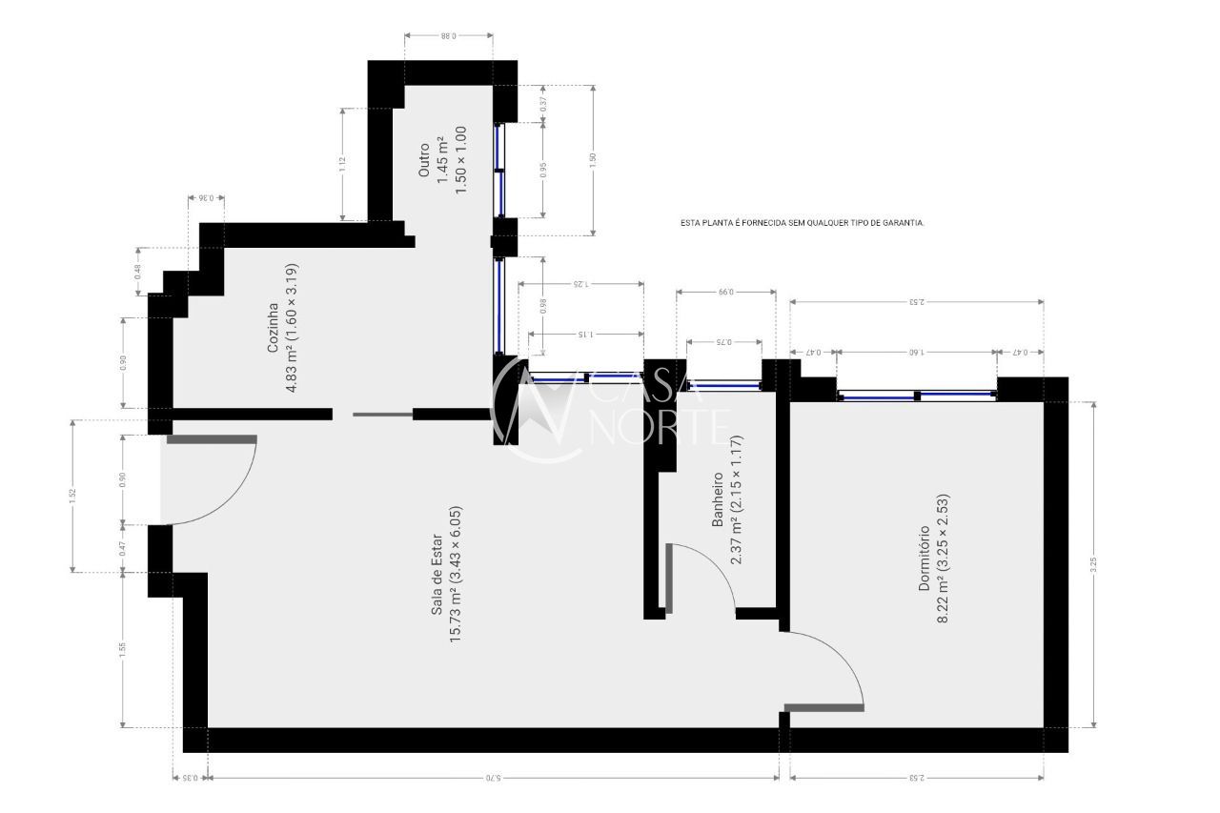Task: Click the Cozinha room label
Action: click(273, 328)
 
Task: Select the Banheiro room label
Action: click(718, 499)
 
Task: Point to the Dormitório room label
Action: click(924, 559)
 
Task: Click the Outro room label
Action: click(424, 160)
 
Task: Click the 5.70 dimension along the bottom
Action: click(492, 778)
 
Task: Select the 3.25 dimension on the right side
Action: click(1093, 563)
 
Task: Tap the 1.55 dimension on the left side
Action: click(123, 650)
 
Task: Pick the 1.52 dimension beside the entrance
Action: click(72, 496)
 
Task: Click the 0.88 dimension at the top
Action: click(448, 35)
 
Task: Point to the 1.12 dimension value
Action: click(341, 163)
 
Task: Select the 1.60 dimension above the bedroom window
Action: click(916, 352)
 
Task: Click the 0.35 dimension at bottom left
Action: click(190, 778)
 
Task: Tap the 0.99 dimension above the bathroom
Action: click(725, 292)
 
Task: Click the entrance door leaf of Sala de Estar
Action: click(212, 439)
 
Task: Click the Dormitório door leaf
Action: click(823, 707)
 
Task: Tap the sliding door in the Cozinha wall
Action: click(382, 415)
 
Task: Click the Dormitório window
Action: click(916, 396)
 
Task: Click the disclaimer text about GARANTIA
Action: click(802, 222)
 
